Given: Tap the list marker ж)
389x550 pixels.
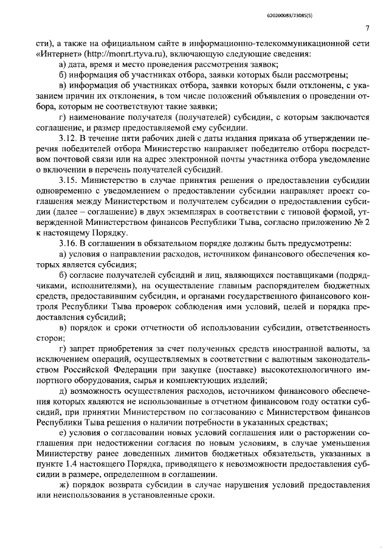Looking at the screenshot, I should [64, 486].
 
